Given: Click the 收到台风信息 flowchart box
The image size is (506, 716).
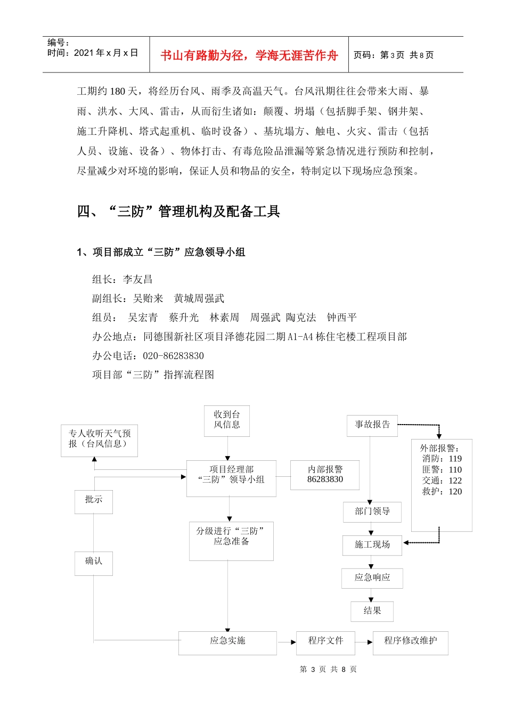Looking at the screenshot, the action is tap(227, 420).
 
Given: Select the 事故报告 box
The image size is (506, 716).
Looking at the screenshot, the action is tap(372, 425).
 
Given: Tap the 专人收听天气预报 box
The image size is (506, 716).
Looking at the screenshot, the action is tap(100, 439).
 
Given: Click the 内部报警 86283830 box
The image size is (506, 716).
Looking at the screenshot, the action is tap(325, 475).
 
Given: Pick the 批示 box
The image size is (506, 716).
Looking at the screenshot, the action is tap(94, 500).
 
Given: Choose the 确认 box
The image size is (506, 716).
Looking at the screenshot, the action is tap(94, 562).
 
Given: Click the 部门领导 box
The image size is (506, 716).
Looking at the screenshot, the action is tap(372, 511).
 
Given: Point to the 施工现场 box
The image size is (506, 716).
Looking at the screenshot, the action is tap(372, 544).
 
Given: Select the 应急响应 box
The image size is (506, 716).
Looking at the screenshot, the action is tap(372, 577).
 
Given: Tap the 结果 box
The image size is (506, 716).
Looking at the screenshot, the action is tap(372, 611).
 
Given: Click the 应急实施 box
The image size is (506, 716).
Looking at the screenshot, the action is tap(227, 641).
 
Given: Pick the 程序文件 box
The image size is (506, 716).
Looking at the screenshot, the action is tap(325, 641).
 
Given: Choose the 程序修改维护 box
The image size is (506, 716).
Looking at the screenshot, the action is tap(410, 641).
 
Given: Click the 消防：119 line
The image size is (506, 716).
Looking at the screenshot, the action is tap(442, 459).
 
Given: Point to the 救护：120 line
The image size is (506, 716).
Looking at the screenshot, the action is tap(442, 492).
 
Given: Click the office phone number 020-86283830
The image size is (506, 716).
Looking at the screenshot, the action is tap(173, 356).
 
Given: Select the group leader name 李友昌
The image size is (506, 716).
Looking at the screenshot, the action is tap(137, 279).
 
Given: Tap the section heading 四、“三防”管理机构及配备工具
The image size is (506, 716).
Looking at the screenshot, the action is tap(178, 211).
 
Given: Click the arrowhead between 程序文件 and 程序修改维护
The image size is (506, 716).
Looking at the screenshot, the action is tap(369, 642).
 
